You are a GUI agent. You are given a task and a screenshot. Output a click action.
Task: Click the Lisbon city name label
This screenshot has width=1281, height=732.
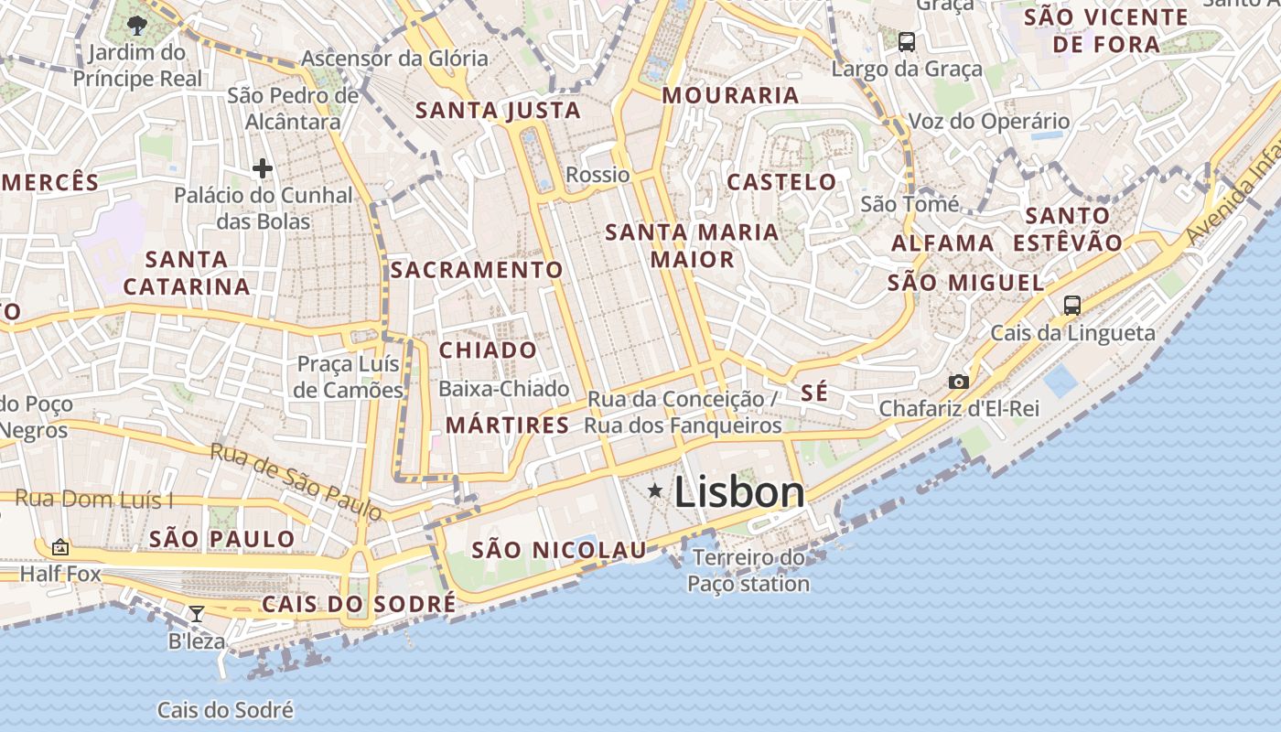coord(739,492)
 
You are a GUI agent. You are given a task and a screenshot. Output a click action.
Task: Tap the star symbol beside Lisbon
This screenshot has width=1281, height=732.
coord(655,491)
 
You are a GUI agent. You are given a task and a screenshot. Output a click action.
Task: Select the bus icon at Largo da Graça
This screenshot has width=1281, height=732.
coord(907,41)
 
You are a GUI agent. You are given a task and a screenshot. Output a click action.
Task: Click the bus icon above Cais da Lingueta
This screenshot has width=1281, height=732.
coord(1071,306)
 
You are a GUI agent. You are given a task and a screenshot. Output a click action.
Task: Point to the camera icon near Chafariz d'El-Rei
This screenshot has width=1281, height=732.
coord(958,382)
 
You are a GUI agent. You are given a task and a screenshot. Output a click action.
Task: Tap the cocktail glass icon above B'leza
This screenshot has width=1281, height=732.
coord(196,613)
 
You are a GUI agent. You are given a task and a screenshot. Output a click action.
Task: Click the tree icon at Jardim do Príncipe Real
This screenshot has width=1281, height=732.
coord(137,25)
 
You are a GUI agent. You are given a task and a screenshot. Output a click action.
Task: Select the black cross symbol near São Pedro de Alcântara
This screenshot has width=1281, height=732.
coord(263,168)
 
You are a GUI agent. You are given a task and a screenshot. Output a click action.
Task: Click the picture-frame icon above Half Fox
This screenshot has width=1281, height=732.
coord(60,547)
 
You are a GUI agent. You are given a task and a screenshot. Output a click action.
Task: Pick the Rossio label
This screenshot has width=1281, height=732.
coord(598,175)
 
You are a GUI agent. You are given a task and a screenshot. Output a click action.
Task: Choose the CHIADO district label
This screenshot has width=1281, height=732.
coord(489,350)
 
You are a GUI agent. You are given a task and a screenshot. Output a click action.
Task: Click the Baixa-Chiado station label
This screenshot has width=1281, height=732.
coord(504,389)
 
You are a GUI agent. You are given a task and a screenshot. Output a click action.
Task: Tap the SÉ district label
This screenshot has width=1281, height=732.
coord(814,393)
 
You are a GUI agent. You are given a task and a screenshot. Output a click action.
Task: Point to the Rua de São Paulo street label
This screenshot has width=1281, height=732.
coord(296,481)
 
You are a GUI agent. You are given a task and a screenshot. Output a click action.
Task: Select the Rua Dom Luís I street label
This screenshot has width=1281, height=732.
coord(94,500)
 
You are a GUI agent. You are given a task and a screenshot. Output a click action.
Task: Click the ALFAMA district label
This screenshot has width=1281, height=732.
coord(942,243)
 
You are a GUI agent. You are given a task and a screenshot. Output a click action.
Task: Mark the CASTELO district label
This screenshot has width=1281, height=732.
coord(781,182)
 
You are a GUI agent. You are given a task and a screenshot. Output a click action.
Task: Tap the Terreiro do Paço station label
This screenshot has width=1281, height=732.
coord(748,570)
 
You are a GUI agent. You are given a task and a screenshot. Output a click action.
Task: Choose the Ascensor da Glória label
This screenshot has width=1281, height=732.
coord(394,59)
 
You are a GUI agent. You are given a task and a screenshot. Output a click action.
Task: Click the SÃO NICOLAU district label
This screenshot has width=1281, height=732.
coord(559,550)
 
